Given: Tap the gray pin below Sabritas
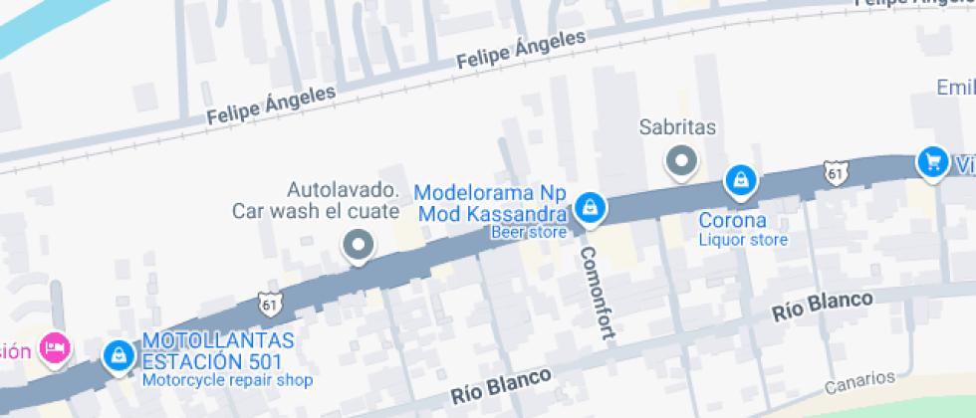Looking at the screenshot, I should click(x=682, y=160).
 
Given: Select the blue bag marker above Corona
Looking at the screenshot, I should click(x=740, y=180).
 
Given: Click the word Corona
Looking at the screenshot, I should click(x=732, y=220).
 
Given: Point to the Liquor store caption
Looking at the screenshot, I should click(x=742, y=240).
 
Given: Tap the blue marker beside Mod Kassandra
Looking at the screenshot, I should click(x=590, y=207).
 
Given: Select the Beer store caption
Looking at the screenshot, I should click(x=528, y=232).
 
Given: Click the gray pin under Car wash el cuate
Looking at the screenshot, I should click(x=358, y=244).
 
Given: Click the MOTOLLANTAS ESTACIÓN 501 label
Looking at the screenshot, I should click(x=212, y=351).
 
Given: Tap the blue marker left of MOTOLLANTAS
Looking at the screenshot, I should click(x=119, y=355).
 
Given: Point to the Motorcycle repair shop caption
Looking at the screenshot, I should click(x=227, y=380).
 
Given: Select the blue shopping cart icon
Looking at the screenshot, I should click(x=932, y=161).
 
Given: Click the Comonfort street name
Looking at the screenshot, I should click(x=595, y=293).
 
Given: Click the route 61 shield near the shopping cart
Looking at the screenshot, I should click(x=836, y=173).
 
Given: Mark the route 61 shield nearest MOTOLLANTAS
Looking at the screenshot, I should click(x=268, y=304).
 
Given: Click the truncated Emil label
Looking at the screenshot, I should click(x=955, y=88).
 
